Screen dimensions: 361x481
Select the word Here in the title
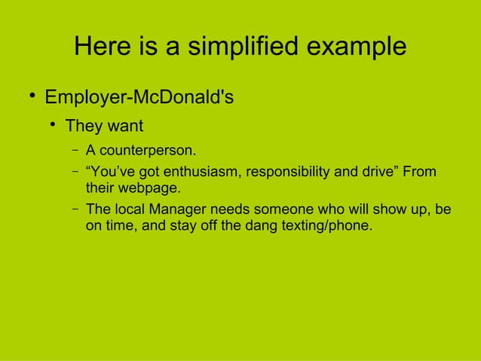click(x=103, y=47)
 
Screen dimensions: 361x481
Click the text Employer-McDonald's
click(x=139, y=98)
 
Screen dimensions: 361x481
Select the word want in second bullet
click(x=125, y=124)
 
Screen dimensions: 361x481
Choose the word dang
click(x=257, y=225)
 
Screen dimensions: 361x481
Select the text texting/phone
click(x=325, y=225)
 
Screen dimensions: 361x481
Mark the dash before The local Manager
click(x=77, y=208)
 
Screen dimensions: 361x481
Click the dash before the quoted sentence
click(x=77, y=171)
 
